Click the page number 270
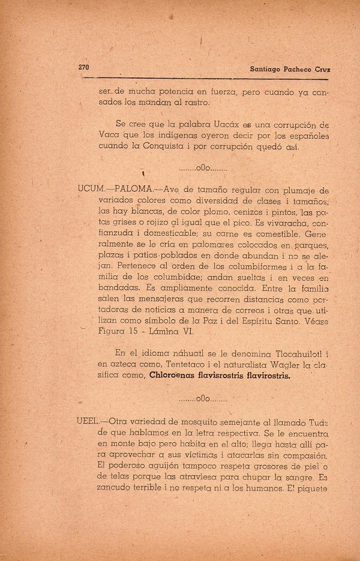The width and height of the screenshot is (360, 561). click(x=83, y=67)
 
